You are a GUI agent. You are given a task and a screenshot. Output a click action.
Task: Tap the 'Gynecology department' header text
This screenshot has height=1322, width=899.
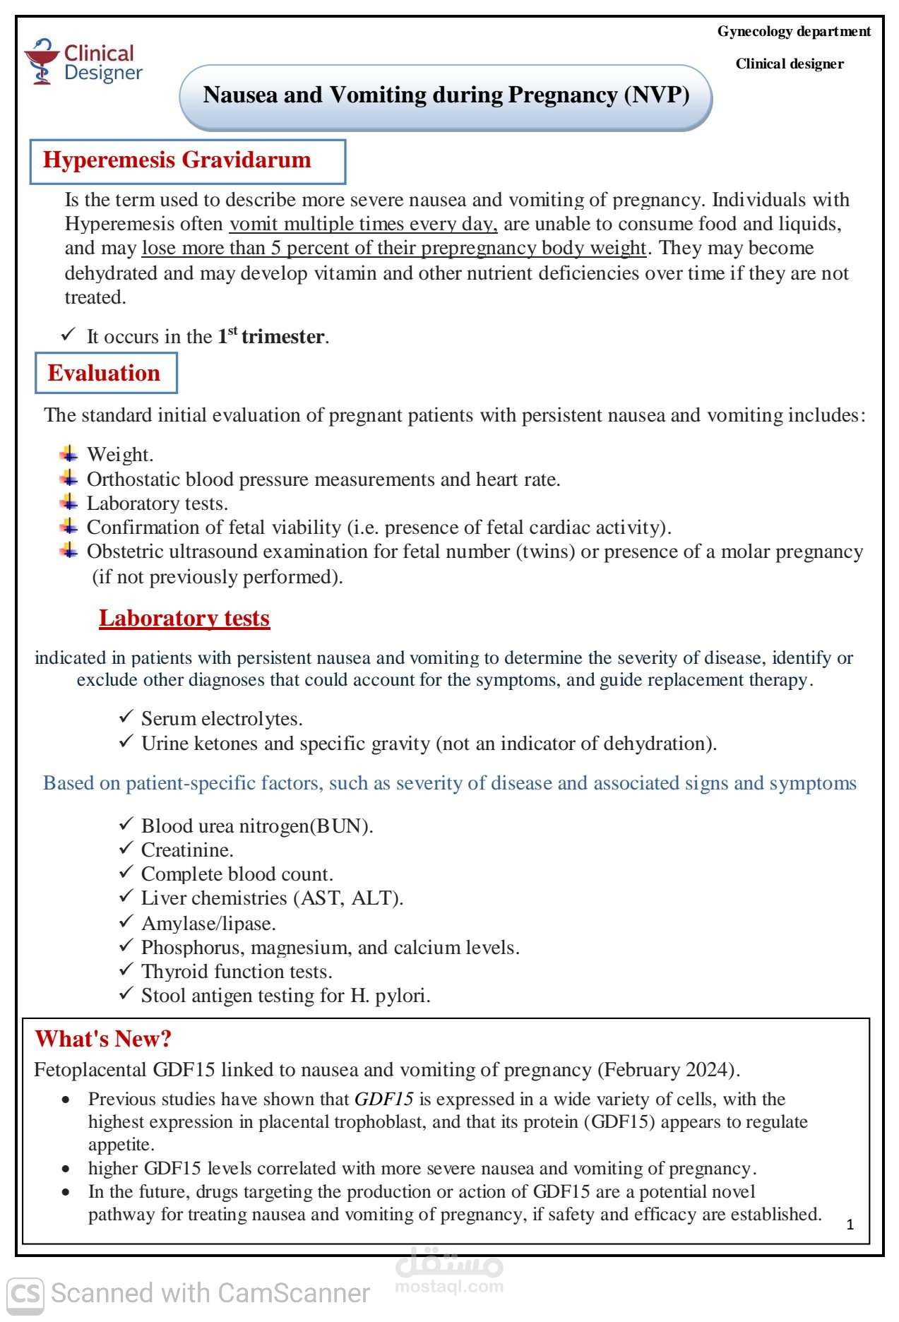click(x=794, y=31)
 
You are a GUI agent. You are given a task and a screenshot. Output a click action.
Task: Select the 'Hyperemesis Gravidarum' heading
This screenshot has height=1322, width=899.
click(x=177, y=160)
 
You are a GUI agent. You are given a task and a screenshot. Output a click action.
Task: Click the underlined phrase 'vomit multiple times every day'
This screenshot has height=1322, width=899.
click(x=363, y=224)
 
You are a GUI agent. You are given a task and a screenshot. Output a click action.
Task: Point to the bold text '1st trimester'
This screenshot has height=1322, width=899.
click(x=271, y=336)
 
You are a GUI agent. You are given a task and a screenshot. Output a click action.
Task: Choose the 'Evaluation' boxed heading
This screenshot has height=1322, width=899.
click(x=105, y=373)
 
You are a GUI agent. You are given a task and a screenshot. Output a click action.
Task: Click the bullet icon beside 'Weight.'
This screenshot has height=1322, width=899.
click(x=69, y=453)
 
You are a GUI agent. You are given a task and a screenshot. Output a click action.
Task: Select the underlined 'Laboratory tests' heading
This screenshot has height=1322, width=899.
click(x=184, y=618)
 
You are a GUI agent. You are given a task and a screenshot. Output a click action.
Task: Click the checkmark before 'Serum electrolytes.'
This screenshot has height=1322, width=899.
click(x=126, y=717)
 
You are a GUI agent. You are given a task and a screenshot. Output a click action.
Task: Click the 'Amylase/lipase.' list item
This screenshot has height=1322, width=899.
click(x=208, y=923)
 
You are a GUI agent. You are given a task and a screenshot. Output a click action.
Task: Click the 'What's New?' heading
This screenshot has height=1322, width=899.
click(x=103, y=1039)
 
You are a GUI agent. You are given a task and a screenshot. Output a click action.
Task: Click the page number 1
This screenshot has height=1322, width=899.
click(x=850, y=1225)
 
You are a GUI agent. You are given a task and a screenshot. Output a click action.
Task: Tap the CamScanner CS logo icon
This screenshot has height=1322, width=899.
click(x=25, y=1294)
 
